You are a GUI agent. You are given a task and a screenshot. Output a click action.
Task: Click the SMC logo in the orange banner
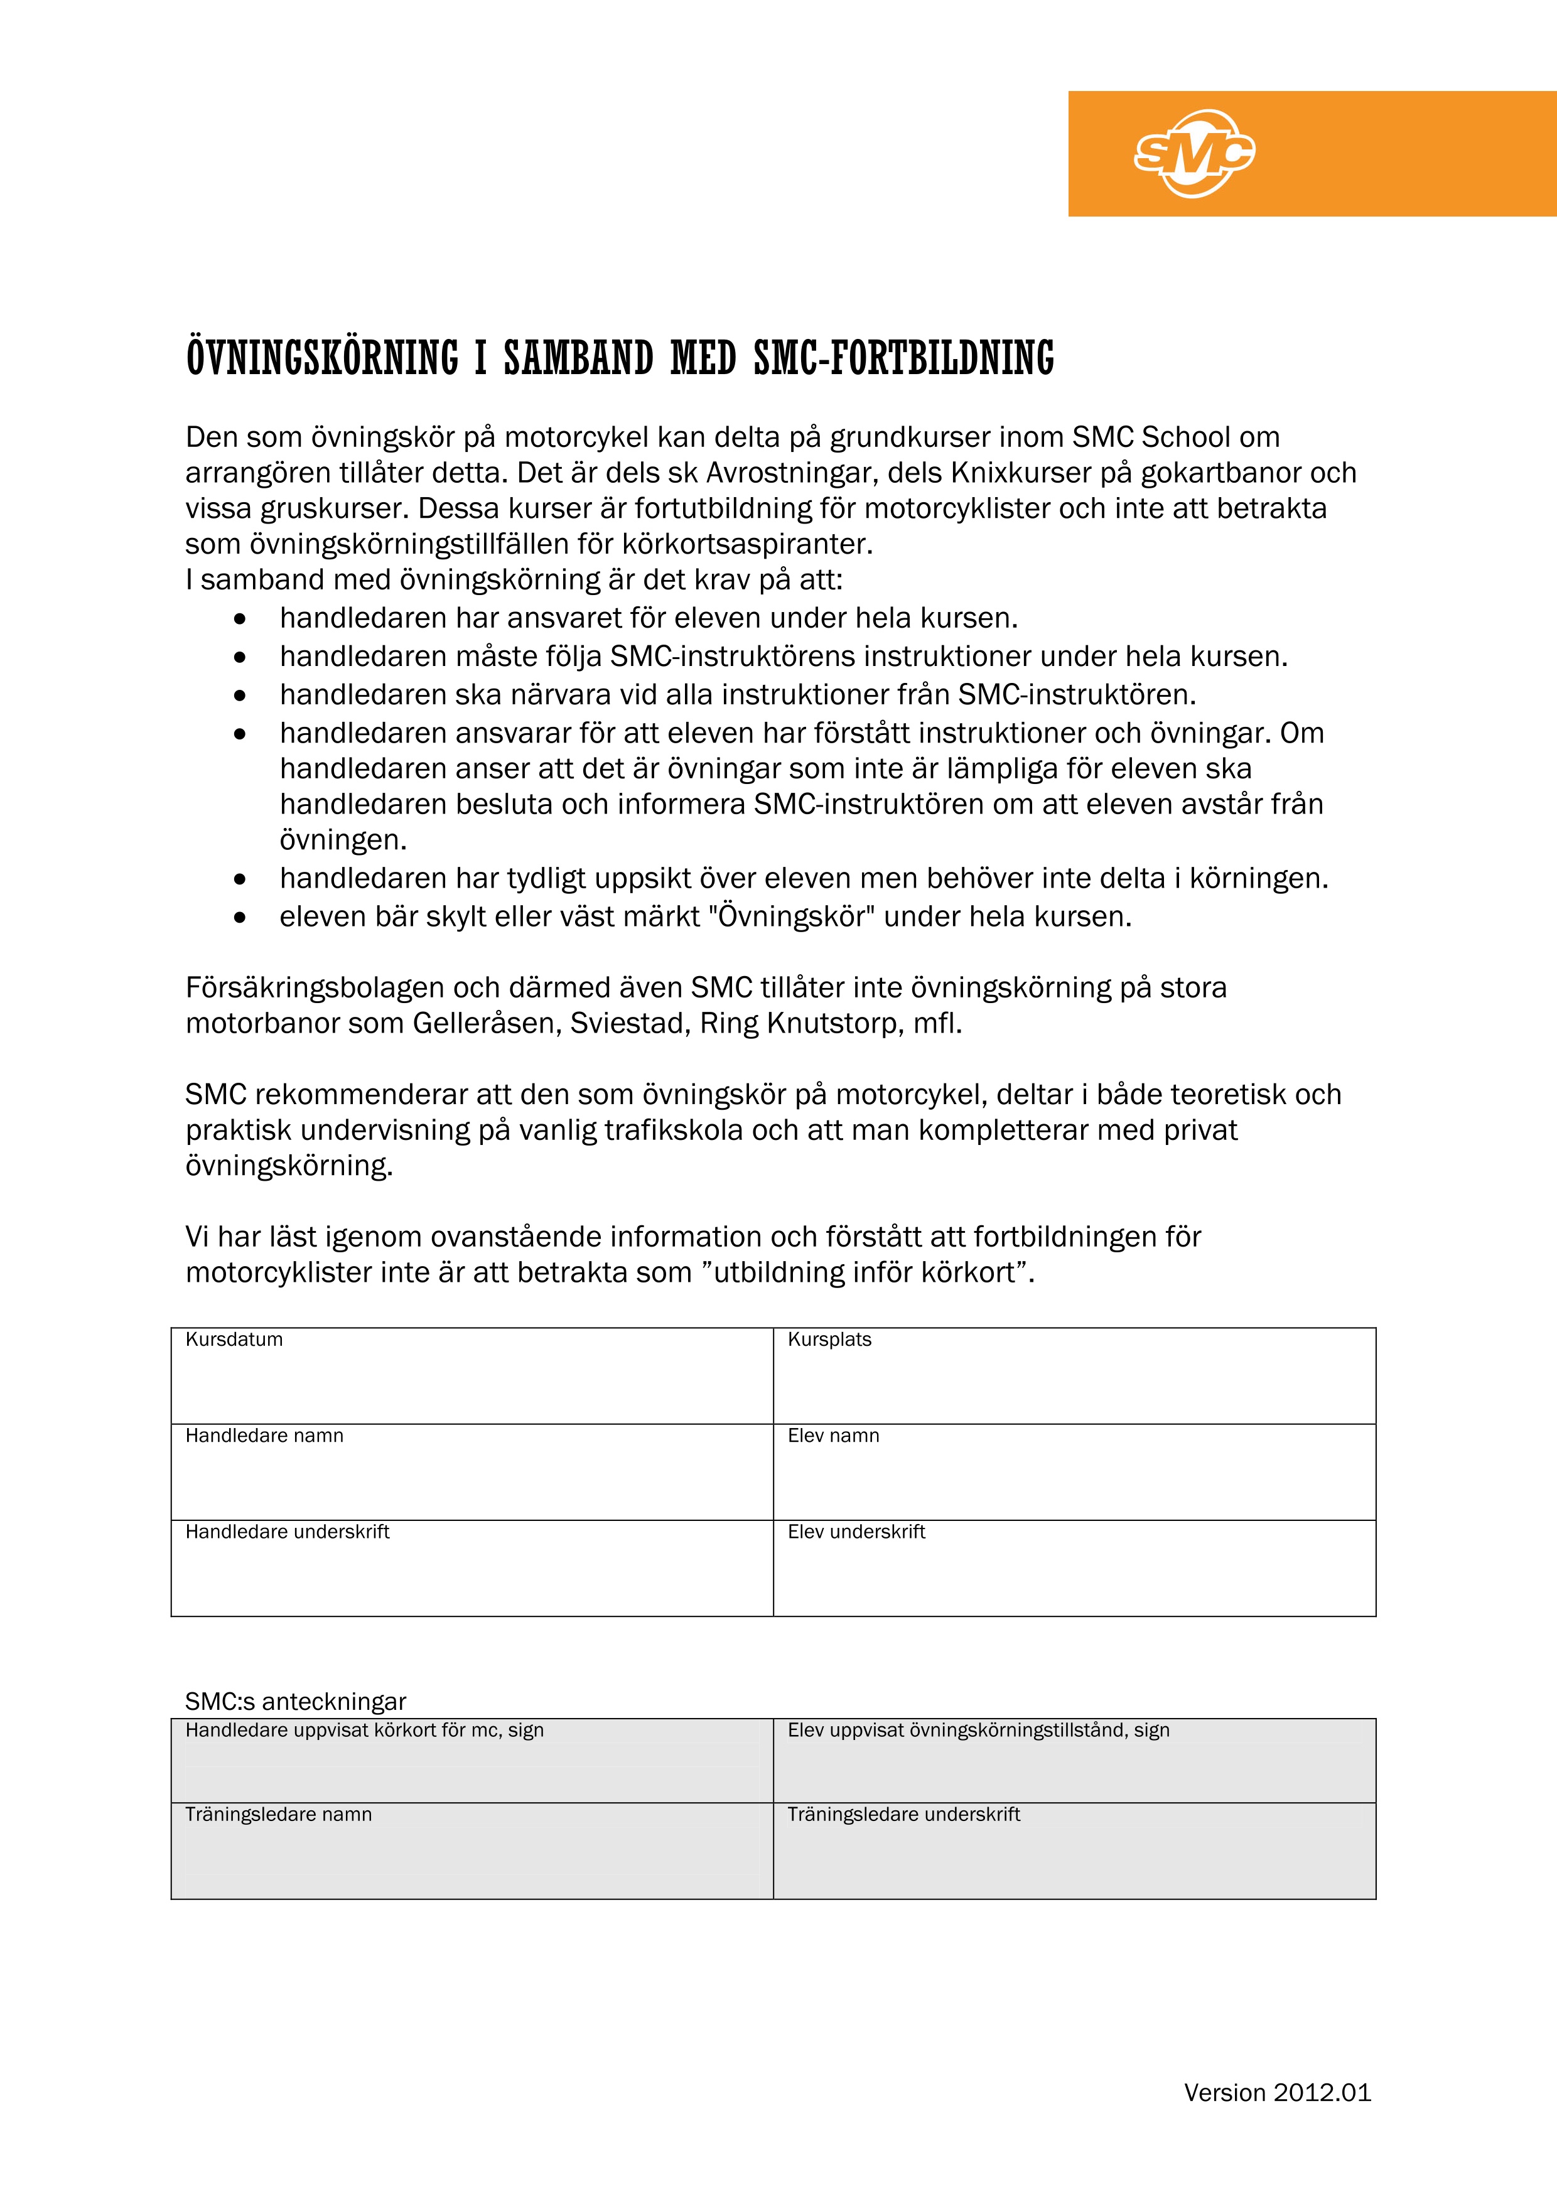pyautogui.click(x=1194, y=153)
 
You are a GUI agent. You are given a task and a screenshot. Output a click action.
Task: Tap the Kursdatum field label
pyautogui.click(x=234, y=1339)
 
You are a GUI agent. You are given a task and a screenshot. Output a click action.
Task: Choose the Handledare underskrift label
pyautogui.click(x=287, y=1532)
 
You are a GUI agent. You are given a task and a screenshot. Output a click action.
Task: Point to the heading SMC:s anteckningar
pyautogui.click(x=296, y=1701)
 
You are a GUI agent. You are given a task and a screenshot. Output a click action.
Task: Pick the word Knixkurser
pyautogui.click(x=1007, y=473)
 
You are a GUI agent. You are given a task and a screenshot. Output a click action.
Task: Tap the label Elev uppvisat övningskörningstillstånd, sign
pyautogui.click(x=979, y=1729)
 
